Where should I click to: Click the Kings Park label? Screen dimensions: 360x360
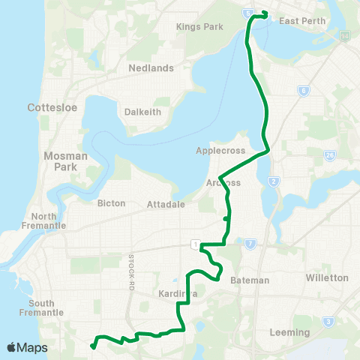pyautogui.click(x=194, y=27)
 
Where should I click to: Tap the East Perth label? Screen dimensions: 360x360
pyautogui.click(x=302, y=21)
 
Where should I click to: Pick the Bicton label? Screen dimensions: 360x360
pyautogui.click(x=112, y=203)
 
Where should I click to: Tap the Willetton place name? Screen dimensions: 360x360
pyautogui.click(x=326, y=277)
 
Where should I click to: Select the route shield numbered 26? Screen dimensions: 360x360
pyautogui.click(x=330, y=156)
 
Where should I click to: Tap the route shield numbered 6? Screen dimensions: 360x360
pyautogui.click(x=304, y=91)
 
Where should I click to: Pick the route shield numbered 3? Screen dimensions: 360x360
pyautogui.click(x=328, y=322)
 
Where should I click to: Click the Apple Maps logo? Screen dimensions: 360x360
pyautogui.click(x=26, y=348)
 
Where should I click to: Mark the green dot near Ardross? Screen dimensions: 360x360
pyautogui.click(x=226, y=219)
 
